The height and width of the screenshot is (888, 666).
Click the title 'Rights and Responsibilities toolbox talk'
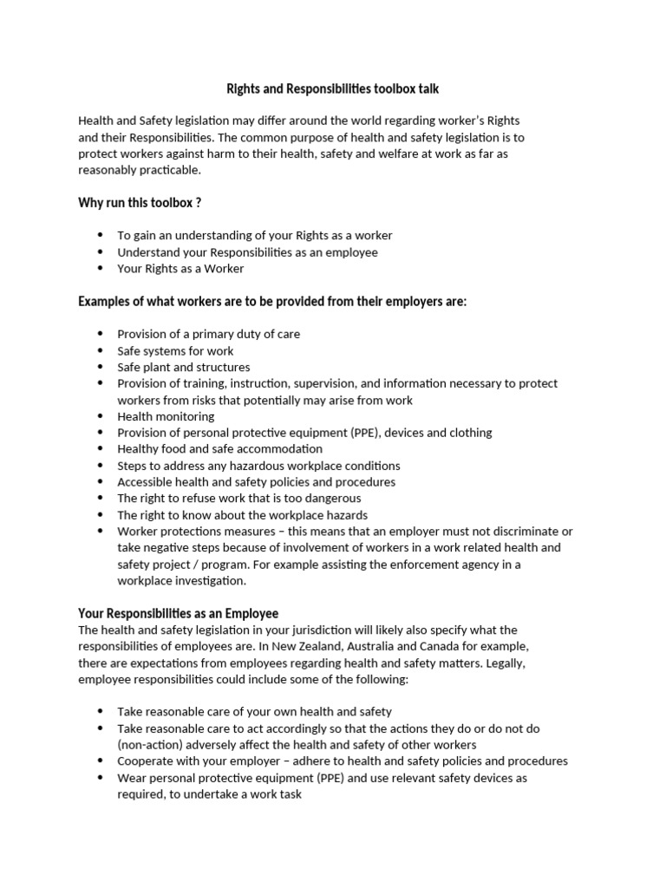(x=332, y=88)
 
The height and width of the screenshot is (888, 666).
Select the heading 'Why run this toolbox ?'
(x=140, y=202)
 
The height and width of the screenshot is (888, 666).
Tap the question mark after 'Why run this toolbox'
(x=199, y=202)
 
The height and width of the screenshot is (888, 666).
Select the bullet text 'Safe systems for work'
(x=175, y=350)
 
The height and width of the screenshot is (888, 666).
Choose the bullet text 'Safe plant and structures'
(x=184, y=367)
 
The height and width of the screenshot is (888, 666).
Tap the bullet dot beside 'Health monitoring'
(x=100, y=416)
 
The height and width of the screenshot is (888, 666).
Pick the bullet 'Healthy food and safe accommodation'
(x=219, y=449)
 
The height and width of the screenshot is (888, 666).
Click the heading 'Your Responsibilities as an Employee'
(x=178, y=613)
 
